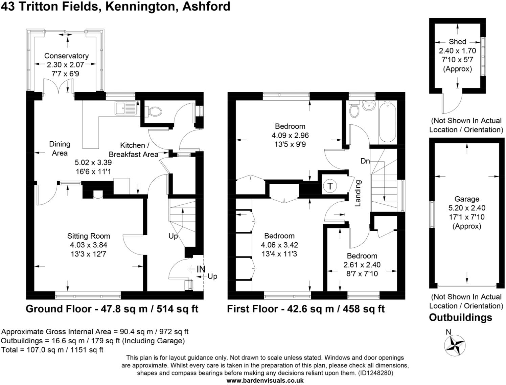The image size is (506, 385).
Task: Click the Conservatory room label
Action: click(66, 56)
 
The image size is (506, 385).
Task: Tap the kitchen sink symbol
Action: click(125, 108)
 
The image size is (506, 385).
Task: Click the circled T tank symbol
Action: click(330, 186)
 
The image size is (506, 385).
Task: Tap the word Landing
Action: click(358, 193)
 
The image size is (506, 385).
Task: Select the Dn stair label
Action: click(365, 161)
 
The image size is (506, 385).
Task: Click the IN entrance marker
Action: click(201, 269)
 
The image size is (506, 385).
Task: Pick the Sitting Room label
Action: click(89, 236)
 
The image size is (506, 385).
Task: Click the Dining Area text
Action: click(60, 148)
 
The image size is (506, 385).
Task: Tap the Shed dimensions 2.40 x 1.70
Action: click(457, 51)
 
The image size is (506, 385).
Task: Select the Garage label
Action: click(467, 199)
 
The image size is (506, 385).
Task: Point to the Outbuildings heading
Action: click(460, 318)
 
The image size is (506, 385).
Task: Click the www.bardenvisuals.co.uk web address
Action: click(265, 381)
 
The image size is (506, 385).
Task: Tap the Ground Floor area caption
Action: click(112, 309)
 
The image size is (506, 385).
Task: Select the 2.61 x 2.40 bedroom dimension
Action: click(362, 265)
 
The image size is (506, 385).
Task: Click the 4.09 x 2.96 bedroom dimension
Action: click(290, 135)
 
